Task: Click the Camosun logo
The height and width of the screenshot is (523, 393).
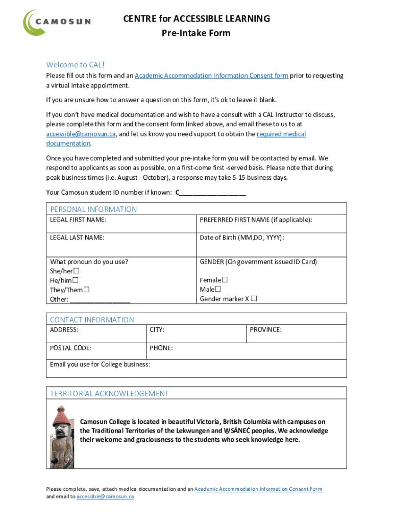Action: click(x=57, y=22)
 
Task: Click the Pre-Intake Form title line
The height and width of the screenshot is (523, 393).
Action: click(x=196, y=33)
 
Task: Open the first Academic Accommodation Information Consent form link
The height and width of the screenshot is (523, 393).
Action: click(x=211, y=76)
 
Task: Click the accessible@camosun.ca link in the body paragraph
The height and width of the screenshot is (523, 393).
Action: click(x=81, y=134)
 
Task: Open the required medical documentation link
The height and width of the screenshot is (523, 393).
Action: click(x=281, y=134)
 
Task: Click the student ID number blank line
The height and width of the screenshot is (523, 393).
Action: click(x=212, y=193)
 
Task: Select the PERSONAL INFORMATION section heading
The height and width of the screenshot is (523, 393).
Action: click(x=93, y=209)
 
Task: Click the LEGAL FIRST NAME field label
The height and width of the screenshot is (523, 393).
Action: click(x=78, y=220)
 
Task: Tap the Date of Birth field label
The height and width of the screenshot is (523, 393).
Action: click(x=242, y=237)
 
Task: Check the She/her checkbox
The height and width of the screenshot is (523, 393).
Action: click(x=77, y=271)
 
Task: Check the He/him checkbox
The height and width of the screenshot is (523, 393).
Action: click(x=76, y=280)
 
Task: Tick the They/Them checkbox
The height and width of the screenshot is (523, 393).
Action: click(x=86, y=290)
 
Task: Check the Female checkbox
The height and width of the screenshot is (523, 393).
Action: click(x=225, y=280)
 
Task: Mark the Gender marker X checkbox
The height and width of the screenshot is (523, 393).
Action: click(x=254, y=299)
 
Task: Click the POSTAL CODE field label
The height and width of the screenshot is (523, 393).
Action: click(x=71, y=348)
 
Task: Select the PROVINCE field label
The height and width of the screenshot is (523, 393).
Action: click(x=265, y=330)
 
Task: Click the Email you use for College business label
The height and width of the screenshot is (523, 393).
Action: click(x=100, y=364)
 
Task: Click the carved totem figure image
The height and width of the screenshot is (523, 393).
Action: click(x=61, y=437)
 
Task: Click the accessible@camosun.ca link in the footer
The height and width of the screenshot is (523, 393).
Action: click(x=105, y=496)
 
